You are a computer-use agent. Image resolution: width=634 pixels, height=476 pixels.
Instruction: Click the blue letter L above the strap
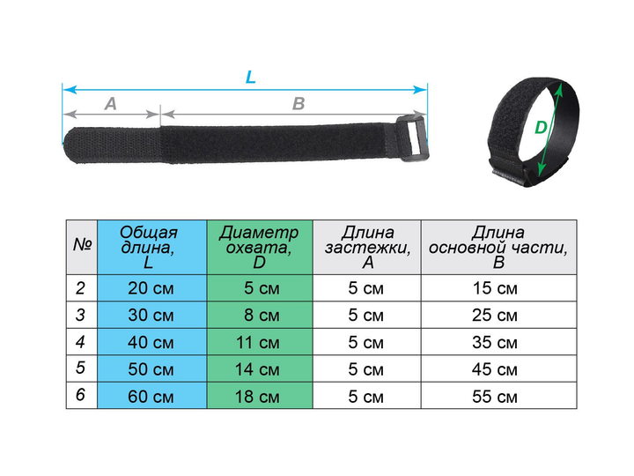[251, 77]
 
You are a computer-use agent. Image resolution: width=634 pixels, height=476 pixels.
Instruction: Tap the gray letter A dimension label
[110, 104]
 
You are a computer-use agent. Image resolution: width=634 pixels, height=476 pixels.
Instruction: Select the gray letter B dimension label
[299, 104]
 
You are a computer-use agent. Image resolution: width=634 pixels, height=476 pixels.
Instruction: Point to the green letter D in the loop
[541, 128]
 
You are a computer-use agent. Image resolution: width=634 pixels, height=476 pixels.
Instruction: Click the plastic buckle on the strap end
[412, 138]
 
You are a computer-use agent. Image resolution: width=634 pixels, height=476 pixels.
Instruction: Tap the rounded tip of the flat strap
[69, 145]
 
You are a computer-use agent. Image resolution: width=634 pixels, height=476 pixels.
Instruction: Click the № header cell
[82, 247]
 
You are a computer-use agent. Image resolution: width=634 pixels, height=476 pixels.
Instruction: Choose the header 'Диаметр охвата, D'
[260, 247]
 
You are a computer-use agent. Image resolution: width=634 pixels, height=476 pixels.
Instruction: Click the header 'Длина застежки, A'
[367, 247]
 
